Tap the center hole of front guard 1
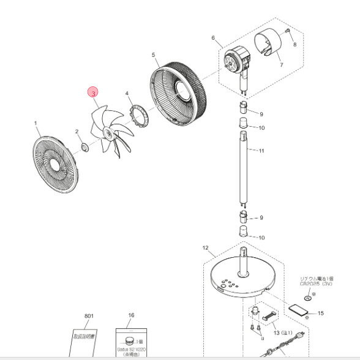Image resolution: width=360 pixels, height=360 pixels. (58, 165)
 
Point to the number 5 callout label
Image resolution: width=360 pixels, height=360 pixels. (153, 55)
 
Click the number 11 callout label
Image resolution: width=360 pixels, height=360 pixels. (261, 150)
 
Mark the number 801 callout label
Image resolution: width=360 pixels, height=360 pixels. (90, 316)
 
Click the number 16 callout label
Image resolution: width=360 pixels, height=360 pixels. (130, 316)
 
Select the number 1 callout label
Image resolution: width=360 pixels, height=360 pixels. (36, 123)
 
